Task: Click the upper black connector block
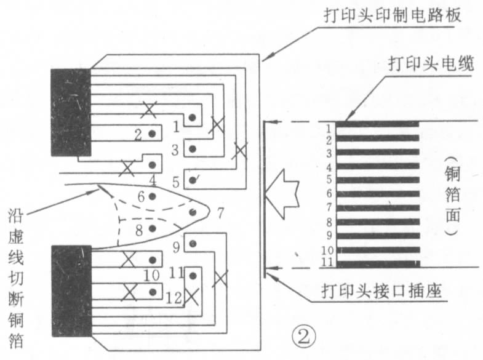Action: click(x=71, y=112)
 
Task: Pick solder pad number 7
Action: click(x=193, y=211)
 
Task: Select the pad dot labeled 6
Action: click(x=152, y=196)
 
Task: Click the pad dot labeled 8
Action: click(x=152, y=228)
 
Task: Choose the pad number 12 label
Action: click(x=174, y=298)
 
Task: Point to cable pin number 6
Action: click(x=329, y=193)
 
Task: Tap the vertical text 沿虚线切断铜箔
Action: click(x=17, y=277)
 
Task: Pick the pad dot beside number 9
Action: click(x=193, y=244)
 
